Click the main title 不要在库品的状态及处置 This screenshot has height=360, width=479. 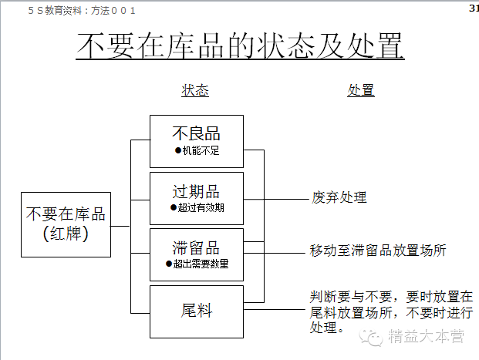pos(240,45)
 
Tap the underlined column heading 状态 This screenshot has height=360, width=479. pos(195,90)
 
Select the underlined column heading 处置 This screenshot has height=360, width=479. pos(361,90)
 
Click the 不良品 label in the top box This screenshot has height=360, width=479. pos(197,133)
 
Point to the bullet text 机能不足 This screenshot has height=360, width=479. pos(201,150)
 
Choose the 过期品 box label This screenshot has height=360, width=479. pos(196,191)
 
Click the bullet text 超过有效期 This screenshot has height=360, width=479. pos(201,207)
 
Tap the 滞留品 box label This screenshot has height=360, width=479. pos(196,247)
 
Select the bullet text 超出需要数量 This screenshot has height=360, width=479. pos(201,264)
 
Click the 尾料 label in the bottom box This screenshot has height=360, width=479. pos(197,311)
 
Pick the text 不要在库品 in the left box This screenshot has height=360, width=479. pos(66,214)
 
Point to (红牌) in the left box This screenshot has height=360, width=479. pos(66,234)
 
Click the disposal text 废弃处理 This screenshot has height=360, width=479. pos(339,197)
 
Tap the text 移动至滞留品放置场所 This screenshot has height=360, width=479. pos(378,251)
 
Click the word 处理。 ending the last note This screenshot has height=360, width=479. pos(327,328)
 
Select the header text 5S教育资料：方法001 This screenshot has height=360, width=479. pos(82,11)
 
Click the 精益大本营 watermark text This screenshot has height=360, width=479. pos(427,336)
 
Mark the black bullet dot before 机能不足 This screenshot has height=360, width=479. pos(178,150)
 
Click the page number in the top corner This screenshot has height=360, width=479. pos(474,8)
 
